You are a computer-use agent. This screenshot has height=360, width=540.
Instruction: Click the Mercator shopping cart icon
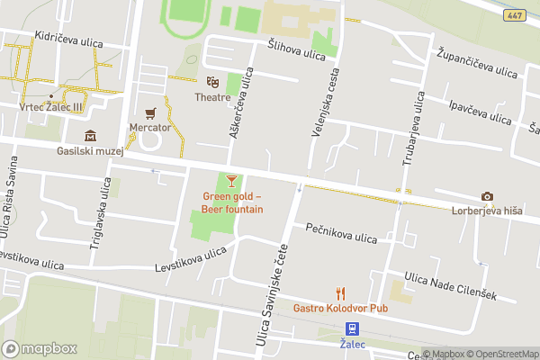tap(150, 112)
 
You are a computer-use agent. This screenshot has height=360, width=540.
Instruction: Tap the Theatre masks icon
tap(212, 83)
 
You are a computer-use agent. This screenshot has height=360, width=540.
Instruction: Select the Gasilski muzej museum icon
tap(90, 136)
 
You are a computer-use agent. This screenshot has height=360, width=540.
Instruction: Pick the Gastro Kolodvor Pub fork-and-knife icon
tap(340, 292)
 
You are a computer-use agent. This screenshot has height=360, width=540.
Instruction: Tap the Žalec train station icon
tap(352, 329)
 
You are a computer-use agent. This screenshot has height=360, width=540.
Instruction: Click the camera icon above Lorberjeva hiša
tap(487, 197)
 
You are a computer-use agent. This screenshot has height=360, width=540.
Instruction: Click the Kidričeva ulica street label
tap(68, 42)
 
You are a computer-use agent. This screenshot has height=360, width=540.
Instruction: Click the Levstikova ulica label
tap(190, 259)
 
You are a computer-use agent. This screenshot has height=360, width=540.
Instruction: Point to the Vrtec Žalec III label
tap(50, 105)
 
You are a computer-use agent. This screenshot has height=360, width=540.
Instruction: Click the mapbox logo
tap(40, 348)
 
